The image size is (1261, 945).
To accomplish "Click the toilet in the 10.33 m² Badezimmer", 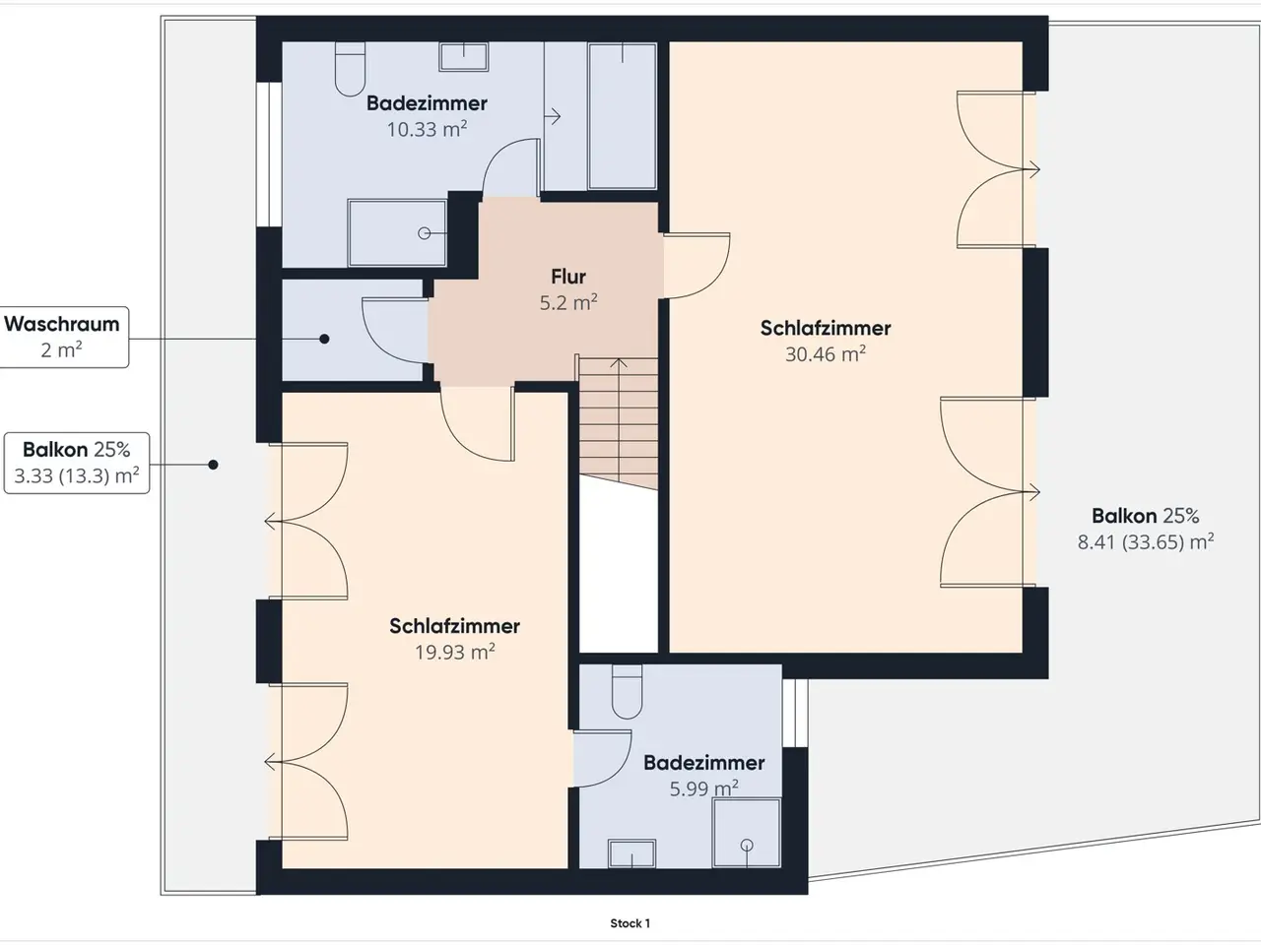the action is coord(351,69).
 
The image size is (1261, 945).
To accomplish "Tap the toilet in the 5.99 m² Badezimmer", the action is coord(627,692).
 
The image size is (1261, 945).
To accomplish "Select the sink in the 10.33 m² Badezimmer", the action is coord(464,57).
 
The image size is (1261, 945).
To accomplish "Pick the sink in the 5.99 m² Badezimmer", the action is coord(631,853).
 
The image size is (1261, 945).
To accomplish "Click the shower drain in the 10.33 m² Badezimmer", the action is coord(425,233).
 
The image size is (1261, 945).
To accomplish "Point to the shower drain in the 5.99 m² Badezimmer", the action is coord(747,846).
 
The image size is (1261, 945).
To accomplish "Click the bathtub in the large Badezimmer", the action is coord(623,116).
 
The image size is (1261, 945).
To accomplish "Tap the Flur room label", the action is coord(568,277).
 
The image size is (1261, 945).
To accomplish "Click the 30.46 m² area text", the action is coord(826,354).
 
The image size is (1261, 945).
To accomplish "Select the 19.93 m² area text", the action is coord(455,652).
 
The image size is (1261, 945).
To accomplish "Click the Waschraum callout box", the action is coord(63,337).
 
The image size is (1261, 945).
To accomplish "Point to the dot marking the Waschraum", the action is coord(324,339).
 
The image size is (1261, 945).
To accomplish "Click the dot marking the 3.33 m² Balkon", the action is coord(213,465).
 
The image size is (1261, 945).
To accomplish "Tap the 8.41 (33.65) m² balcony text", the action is coord(1146,541).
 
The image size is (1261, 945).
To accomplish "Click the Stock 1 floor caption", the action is coord(630,923).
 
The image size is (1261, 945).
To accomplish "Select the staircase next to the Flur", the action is coord(618,423).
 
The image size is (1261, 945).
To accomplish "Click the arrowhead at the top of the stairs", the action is coord(618,362).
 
